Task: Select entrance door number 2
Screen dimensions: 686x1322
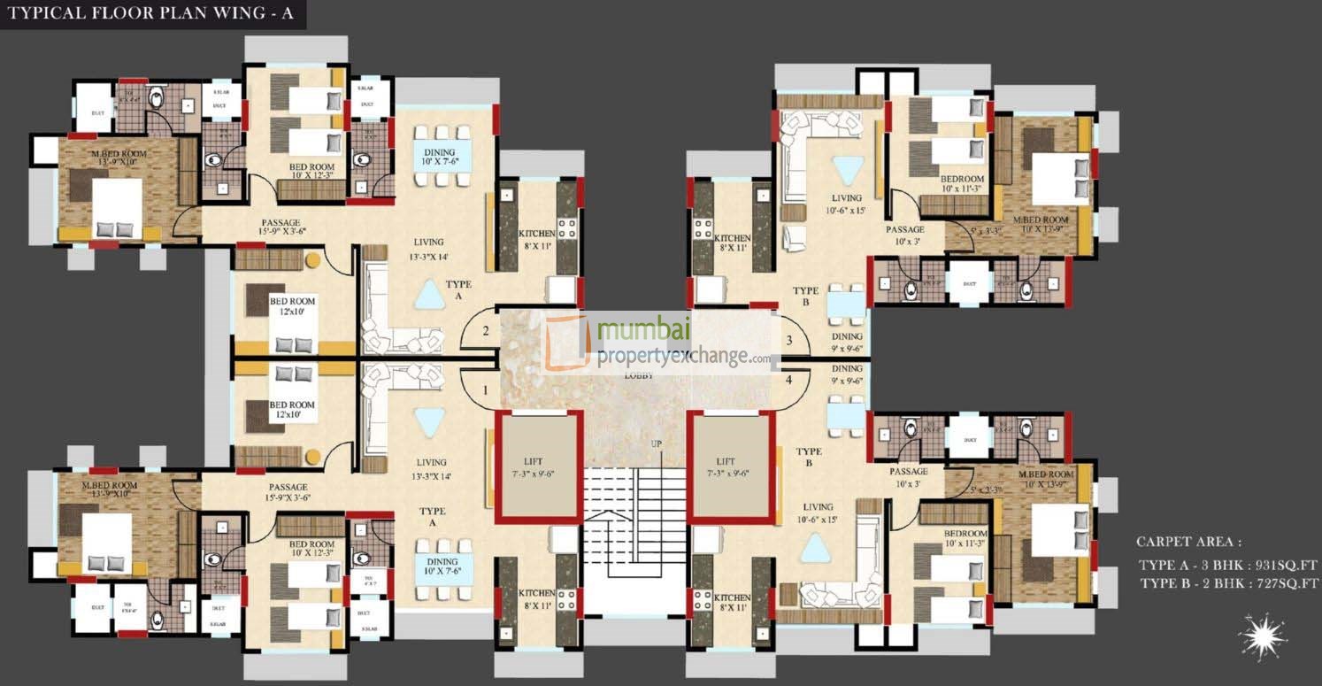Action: point(485,332)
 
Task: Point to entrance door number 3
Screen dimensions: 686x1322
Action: point(789,340)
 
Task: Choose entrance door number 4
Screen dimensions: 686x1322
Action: point(789,381)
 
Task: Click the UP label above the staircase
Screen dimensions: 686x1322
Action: point(657,443)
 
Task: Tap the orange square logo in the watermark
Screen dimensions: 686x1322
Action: point(567,343)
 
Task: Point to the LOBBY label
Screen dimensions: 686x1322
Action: point(638,375)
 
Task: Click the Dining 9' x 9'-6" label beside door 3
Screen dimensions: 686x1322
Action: point(847,343)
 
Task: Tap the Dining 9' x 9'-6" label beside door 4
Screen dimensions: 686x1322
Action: point(847,375)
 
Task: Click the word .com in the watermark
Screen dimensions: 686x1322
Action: point(758,358)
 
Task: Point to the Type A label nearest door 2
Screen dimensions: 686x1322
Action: point(459,290)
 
